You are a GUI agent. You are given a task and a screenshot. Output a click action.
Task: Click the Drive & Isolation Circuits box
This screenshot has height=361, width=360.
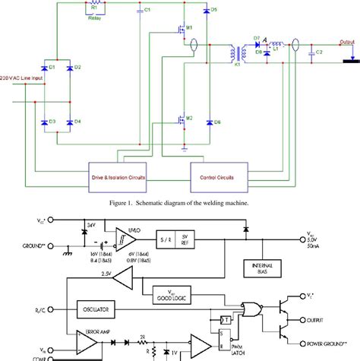click(118, 176)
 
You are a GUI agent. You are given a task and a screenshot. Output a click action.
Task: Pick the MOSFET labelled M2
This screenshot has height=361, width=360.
click(180, 119)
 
